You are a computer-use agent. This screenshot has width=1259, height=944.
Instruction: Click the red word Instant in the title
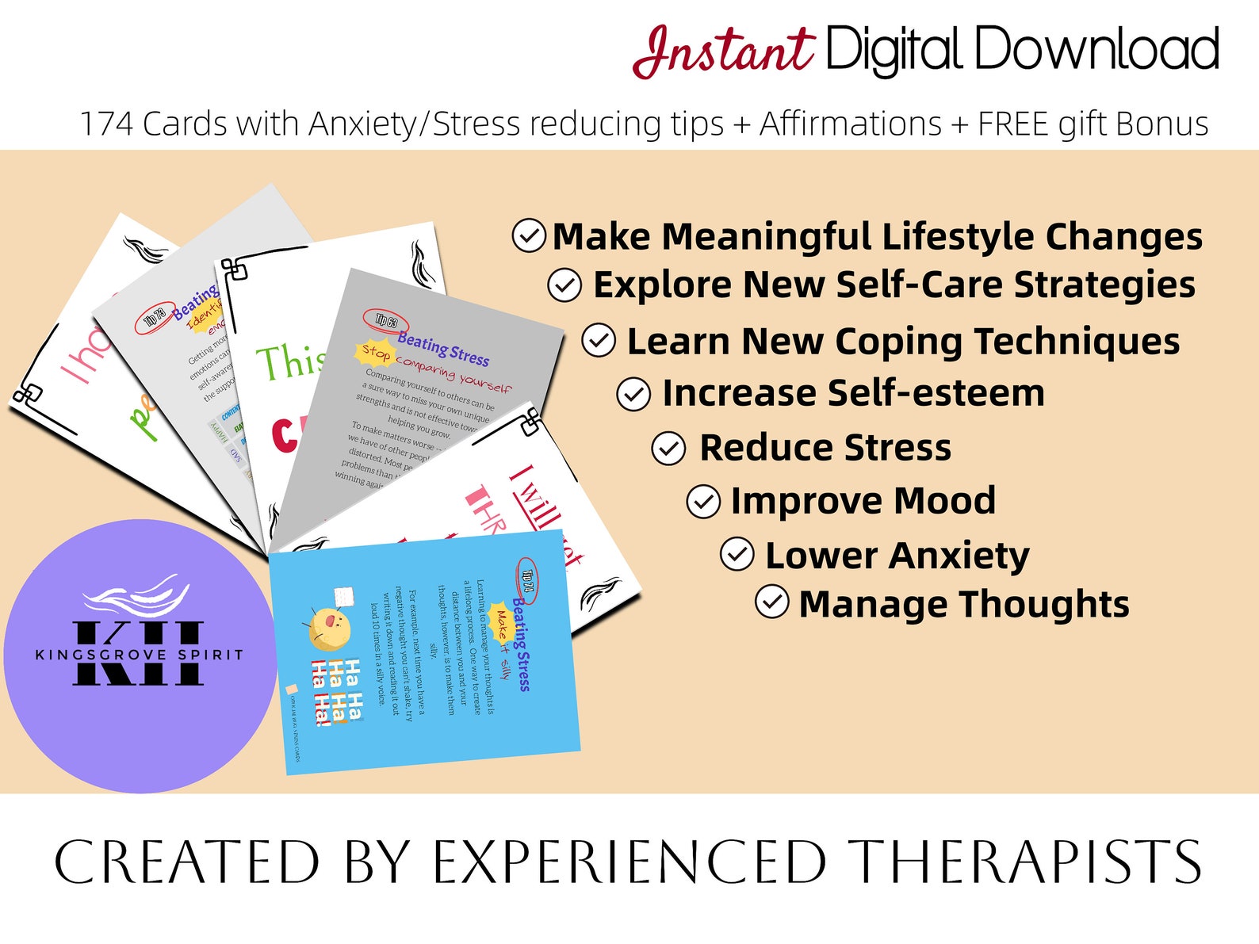[x=723, y=51]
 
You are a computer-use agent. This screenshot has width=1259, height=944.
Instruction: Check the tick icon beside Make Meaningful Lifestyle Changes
[x=529, y=235]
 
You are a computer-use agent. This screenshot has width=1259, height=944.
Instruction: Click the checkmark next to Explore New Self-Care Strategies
[x=564, y=285]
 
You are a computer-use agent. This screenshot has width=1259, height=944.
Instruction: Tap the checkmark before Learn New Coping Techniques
[x=599, y=341]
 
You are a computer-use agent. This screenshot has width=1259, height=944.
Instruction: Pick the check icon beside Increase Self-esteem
[x=633, y=394]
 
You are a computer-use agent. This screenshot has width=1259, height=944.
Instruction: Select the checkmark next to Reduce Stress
[x=668, y=449]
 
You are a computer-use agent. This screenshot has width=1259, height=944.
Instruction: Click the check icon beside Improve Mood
[x=703, y=502]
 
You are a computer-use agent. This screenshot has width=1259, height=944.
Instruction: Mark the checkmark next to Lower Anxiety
[x=737, y=555]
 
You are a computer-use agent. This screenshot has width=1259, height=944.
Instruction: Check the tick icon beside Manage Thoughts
[x=772, y=602]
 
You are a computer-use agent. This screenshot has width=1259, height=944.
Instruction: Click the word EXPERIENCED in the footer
[x=629, y=862]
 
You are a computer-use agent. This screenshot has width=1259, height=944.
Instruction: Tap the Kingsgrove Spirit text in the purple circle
[x=140, y=655]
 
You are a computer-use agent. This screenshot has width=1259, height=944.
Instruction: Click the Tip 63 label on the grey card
[x=386, y=320]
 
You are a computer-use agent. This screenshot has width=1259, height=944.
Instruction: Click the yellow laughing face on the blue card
[x=328, y=627]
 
